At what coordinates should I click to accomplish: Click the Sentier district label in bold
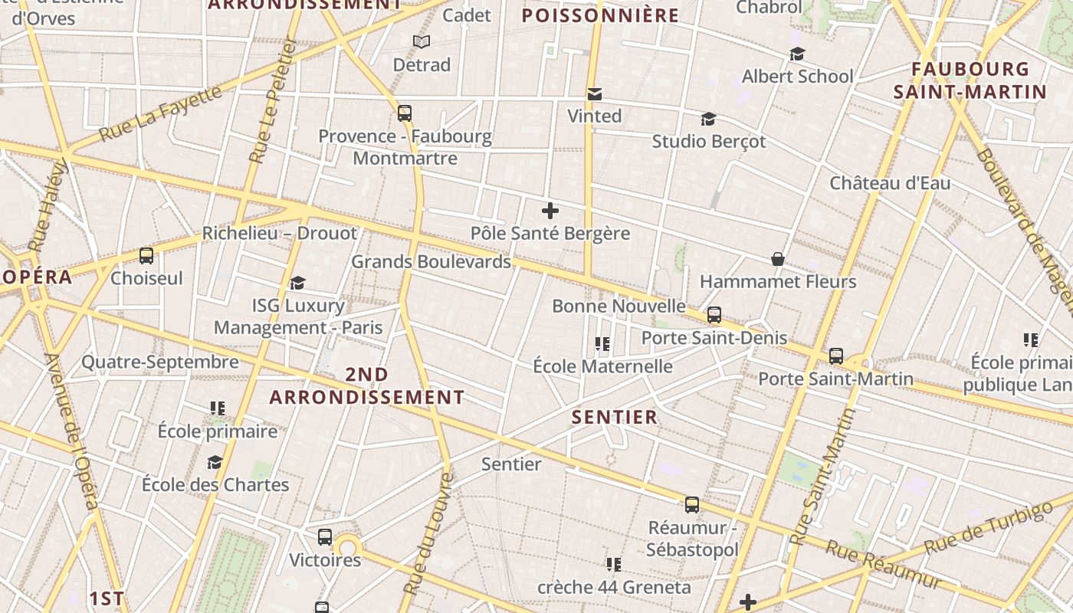pos(615,417)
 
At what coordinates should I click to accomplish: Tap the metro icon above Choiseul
pos(146,256)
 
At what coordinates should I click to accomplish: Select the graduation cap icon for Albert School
pos(797,54)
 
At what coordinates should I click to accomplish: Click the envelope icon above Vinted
pos(594,94)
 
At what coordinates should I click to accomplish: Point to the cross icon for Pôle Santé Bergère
pos(550,211)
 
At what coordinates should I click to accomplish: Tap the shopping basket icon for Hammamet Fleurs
pos(777,259)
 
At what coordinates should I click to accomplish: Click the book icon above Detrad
pos(421,41)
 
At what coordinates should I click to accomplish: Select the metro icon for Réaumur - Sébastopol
pos(692,505)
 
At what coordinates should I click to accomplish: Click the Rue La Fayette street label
pos(161,113)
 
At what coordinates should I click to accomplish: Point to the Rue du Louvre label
pos(428,534)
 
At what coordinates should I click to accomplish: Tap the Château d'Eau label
pos(890,183)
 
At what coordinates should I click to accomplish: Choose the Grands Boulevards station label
pos(431,261)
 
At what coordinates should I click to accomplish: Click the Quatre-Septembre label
pos(160,362)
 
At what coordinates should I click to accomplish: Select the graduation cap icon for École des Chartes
pos(215,462)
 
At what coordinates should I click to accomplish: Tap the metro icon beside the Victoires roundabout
pos(325,536)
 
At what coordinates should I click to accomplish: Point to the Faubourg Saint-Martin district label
pos(970,80)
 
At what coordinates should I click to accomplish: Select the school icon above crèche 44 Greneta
pos(613,565)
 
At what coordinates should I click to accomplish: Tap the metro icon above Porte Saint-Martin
pos(835,356)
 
